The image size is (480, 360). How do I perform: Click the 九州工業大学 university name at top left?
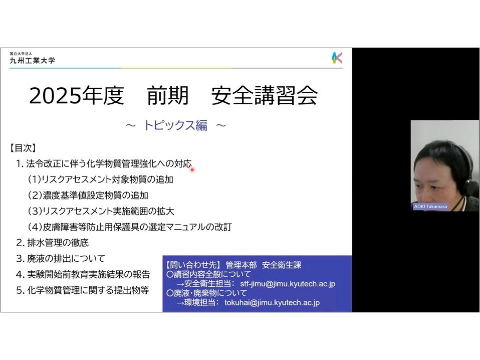tap(32, 60)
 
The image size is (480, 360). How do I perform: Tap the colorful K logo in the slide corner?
tap(337, 58)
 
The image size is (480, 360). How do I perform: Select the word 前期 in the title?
tap(167, 95)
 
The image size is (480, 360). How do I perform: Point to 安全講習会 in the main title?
tap(265, 95)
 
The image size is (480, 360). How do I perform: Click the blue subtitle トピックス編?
tap(175, 125)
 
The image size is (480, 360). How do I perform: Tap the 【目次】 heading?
tap(23, 148)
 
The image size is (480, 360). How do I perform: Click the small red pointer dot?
tap(192, 169)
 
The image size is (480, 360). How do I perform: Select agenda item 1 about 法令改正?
tap(104, 164)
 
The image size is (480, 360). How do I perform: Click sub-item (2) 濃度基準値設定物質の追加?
tap(88, 195)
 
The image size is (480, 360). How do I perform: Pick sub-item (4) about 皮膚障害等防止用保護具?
tap(130, 227)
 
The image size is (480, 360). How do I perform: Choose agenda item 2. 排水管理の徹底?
tap(52, 243)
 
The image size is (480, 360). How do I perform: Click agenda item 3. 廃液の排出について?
tap(61, 259)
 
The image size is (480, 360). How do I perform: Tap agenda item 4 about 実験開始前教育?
tap(83, 274)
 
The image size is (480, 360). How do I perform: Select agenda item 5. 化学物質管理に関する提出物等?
tap(83, 290)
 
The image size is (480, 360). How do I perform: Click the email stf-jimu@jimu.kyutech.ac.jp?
tap(288, 284)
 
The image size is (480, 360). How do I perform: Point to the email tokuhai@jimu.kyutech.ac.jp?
tap(272, 303)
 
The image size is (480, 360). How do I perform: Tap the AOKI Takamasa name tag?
tap(430, 207)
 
